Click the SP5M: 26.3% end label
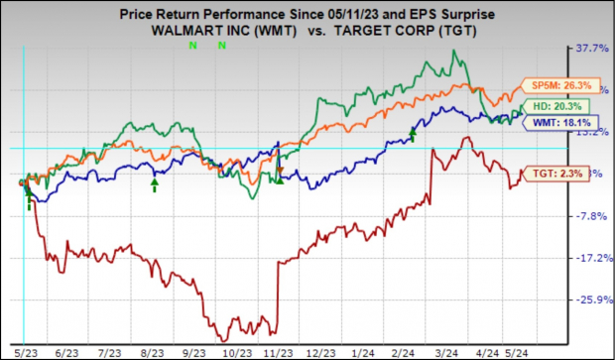[x=546, y=84]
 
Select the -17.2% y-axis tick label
[x=591, y=258]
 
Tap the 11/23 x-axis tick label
[x=279, y=350]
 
